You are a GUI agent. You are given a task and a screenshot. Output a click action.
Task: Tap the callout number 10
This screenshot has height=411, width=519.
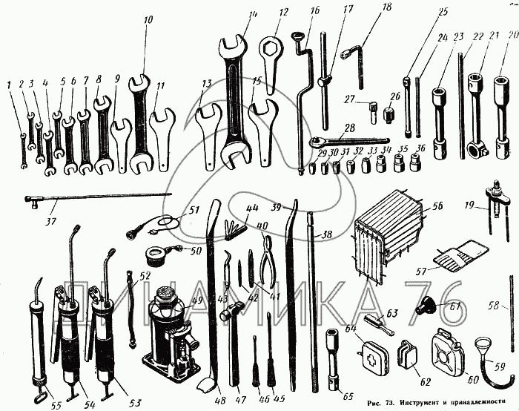click(148, 20)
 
